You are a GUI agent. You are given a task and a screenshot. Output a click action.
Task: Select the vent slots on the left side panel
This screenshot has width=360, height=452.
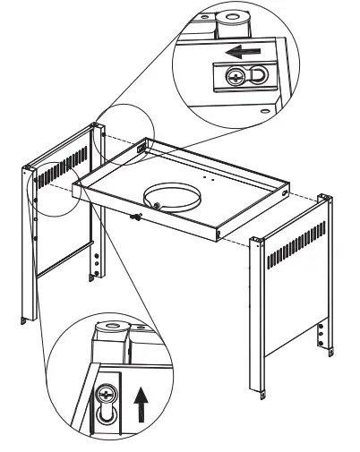65,162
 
